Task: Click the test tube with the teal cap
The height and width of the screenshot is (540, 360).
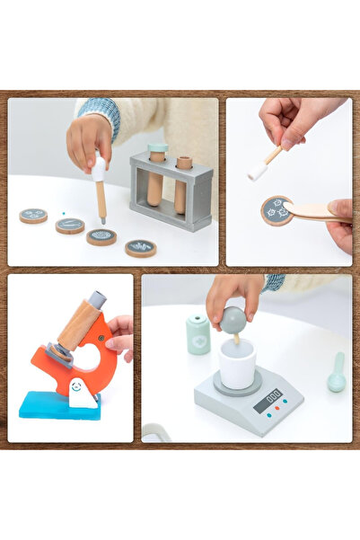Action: coord(157,180)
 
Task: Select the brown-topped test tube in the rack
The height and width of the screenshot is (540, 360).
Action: coord(183,187)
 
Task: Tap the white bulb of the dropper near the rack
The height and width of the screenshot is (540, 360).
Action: coord(99,169)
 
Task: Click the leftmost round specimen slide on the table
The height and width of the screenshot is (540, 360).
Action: coord(33,216)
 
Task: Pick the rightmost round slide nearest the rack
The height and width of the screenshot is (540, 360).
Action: coord(140,248)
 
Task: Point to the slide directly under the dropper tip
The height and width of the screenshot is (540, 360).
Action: coord(101,237)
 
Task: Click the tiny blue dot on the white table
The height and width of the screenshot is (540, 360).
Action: coord(64,213)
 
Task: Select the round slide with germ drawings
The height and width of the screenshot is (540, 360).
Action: coord(277,210)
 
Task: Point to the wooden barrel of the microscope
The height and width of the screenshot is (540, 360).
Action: coord(77,324)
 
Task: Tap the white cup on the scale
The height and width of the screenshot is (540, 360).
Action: coord(237,364)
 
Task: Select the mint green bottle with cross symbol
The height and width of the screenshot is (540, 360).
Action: coord(198,335)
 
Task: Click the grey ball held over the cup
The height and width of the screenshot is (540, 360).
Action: coord(233,318)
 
